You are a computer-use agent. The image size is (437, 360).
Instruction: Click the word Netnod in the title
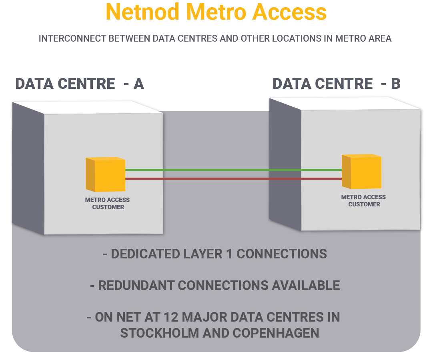(142, 12)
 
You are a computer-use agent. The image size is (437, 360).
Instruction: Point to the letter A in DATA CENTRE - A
(138, 84)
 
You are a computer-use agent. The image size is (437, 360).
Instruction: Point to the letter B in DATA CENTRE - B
(395, 84)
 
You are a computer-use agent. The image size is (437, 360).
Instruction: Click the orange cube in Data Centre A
(106, 174)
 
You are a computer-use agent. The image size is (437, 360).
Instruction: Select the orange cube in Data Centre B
(362, 172)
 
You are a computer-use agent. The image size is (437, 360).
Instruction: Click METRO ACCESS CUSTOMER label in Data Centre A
(108, 204)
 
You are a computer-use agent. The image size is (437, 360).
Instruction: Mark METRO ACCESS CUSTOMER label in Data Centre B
(364, 201)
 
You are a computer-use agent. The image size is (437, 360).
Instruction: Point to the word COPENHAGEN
(273, 333)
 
